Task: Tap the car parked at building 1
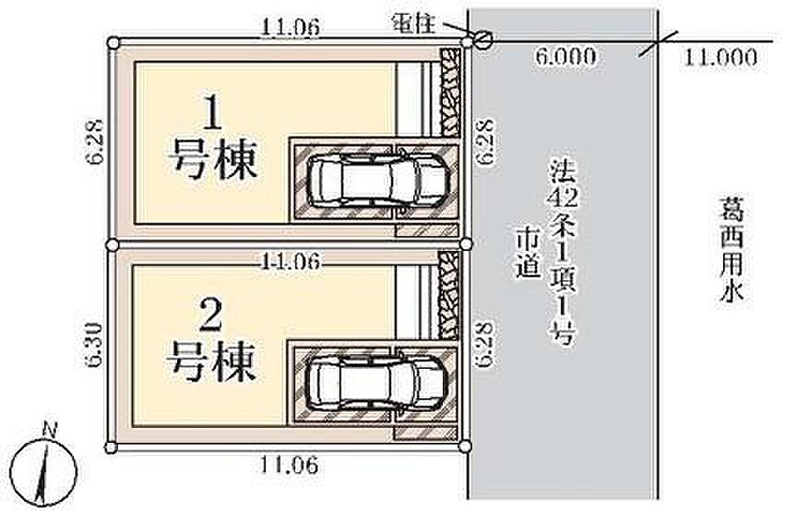378,180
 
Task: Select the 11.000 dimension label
719,58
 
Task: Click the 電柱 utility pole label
414,26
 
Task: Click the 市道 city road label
527,255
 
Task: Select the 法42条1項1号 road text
563,252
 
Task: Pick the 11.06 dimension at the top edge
290,28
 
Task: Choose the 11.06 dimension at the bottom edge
289,464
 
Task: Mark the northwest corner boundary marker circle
114,43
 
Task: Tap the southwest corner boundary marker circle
111,448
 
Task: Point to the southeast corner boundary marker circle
465,446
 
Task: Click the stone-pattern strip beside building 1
450,92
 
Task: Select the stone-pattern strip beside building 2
449,295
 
